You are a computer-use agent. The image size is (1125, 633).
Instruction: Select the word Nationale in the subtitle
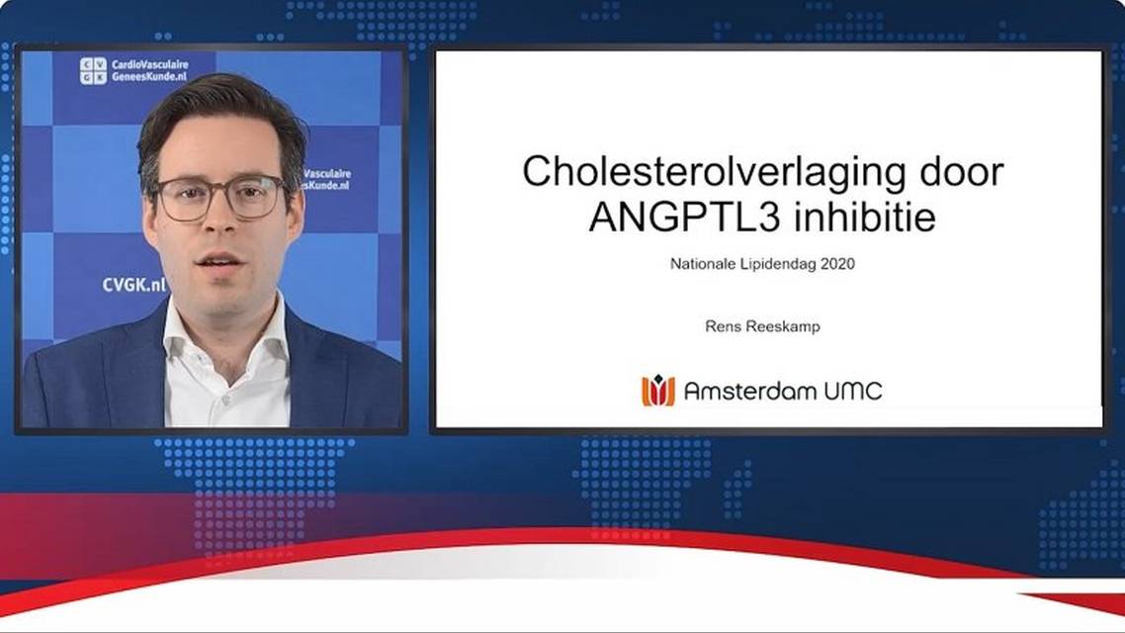tap(703, 264)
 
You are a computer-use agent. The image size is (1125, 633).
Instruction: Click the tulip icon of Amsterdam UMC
tap(657, 391)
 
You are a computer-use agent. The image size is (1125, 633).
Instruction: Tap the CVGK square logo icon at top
tap(93, 70)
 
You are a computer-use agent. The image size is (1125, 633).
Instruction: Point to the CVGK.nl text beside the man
tap(133, 285)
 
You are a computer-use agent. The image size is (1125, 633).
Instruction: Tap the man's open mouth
tap(219, 261)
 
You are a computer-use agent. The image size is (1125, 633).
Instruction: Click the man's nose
tap(219, 223)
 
